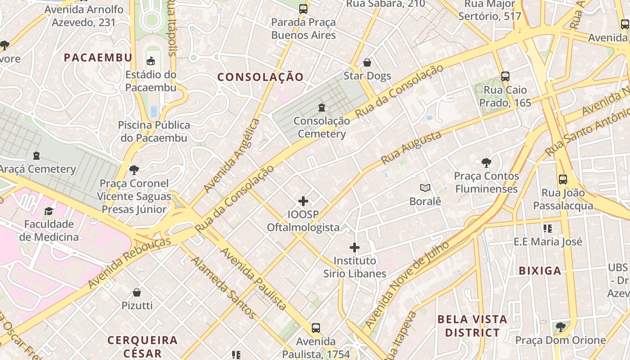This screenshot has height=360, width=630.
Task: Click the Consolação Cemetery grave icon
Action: (321, 108)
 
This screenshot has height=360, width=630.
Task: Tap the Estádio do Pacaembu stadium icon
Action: (151, 61)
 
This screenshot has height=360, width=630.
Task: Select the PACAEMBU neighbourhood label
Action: (98, 58)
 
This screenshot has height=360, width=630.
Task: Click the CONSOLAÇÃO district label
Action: (261, 77)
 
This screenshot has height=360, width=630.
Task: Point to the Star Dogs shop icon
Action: (367, 63)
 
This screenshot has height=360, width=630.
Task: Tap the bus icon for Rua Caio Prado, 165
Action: (505, 76)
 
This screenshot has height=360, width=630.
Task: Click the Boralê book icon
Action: (425, 188)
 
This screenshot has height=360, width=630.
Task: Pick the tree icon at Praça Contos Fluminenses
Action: (486, 162)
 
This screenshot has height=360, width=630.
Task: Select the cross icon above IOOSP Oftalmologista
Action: (303, 201)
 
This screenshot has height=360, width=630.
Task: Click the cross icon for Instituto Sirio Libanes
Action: (355, 247)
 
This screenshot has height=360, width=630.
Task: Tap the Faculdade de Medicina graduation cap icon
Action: (49, 211)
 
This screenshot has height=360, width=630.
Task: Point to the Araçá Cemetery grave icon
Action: (36, 156)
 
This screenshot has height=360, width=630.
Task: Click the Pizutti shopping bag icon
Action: (137, 292)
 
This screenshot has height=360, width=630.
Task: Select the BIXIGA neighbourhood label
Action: (540, 271)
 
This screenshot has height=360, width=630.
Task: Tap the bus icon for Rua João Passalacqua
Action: (562, 180)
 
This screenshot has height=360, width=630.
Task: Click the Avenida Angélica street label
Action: (232, 155)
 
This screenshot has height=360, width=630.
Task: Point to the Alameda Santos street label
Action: (224, 288)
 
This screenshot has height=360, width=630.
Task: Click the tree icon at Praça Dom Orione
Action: (560, 327)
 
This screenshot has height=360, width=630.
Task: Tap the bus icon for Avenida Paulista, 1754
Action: (316, 328)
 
